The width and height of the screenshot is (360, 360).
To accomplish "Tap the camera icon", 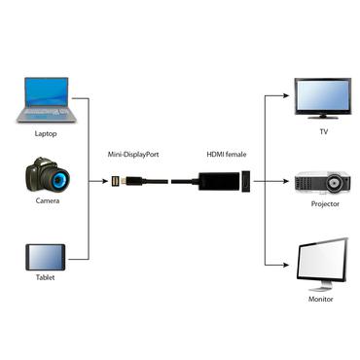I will click(46, 178).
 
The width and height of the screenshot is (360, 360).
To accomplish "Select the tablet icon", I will click(46, 256).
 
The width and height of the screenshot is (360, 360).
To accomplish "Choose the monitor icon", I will click(322, 260).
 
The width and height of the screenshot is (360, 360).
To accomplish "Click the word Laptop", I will click(46, 132).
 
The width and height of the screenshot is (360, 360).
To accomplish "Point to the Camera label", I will click(47, 201).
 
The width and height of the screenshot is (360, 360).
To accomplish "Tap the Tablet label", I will click(46, 276).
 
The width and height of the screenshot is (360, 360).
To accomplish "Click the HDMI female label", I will click(227, 154).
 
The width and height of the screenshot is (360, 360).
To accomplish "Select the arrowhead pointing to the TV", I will click(289, 97).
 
